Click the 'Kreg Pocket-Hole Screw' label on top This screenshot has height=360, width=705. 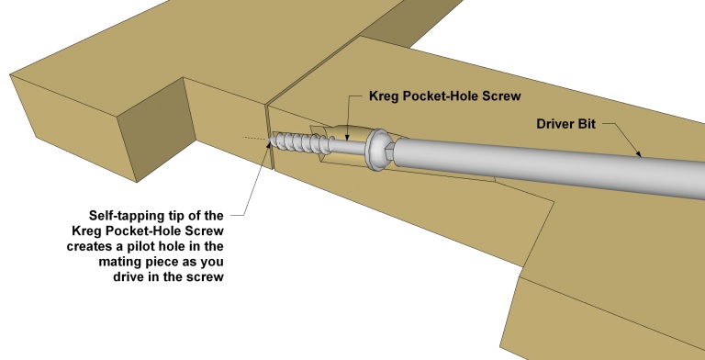(444, 96)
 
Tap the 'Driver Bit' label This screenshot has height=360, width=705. (565, 124)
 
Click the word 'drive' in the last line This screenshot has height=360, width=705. (128, 276)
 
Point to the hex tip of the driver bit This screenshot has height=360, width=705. (390, 152)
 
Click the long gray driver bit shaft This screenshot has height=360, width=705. (550, 166)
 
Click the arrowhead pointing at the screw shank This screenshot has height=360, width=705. (346, 136)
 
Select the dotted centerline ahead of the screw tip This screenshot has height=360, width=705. (255, 138)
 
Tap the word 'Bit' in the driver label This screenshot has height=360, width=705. (587, 124)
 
